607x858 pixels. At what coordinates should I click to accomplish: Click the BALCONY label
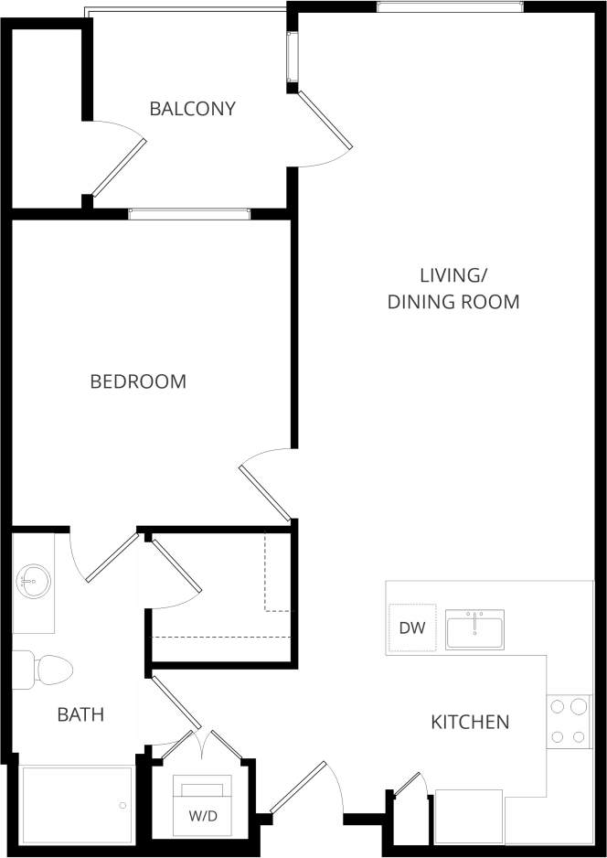point(192,109)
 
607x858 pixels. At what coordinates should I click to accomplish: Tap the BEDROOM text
point(138,381)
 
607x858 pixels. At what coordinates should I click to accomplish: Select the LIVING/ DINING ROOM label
point(453,288)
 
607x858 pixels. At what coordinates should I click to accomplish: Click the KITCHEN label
point(470,723)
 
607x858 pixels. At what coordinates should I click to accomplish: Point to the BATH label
point(80,714)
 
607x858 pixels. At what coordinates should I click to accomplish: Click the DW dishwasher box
point(410,628)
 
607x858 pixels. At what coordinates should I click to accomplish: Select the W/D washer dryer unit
point(203,806)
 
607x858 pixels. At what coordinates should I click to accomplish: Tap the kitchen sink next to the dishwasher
point(474,629)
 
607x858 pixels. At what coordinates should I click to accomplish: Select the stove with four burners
point(569,722)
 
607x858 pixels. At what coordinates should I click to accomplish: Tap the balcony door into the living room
point(325,121)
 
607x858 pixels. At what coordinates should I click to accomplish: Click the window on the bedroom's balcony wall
point(189,215)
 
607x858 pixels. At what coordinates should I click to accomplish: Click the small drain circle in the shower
point(122,806)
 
